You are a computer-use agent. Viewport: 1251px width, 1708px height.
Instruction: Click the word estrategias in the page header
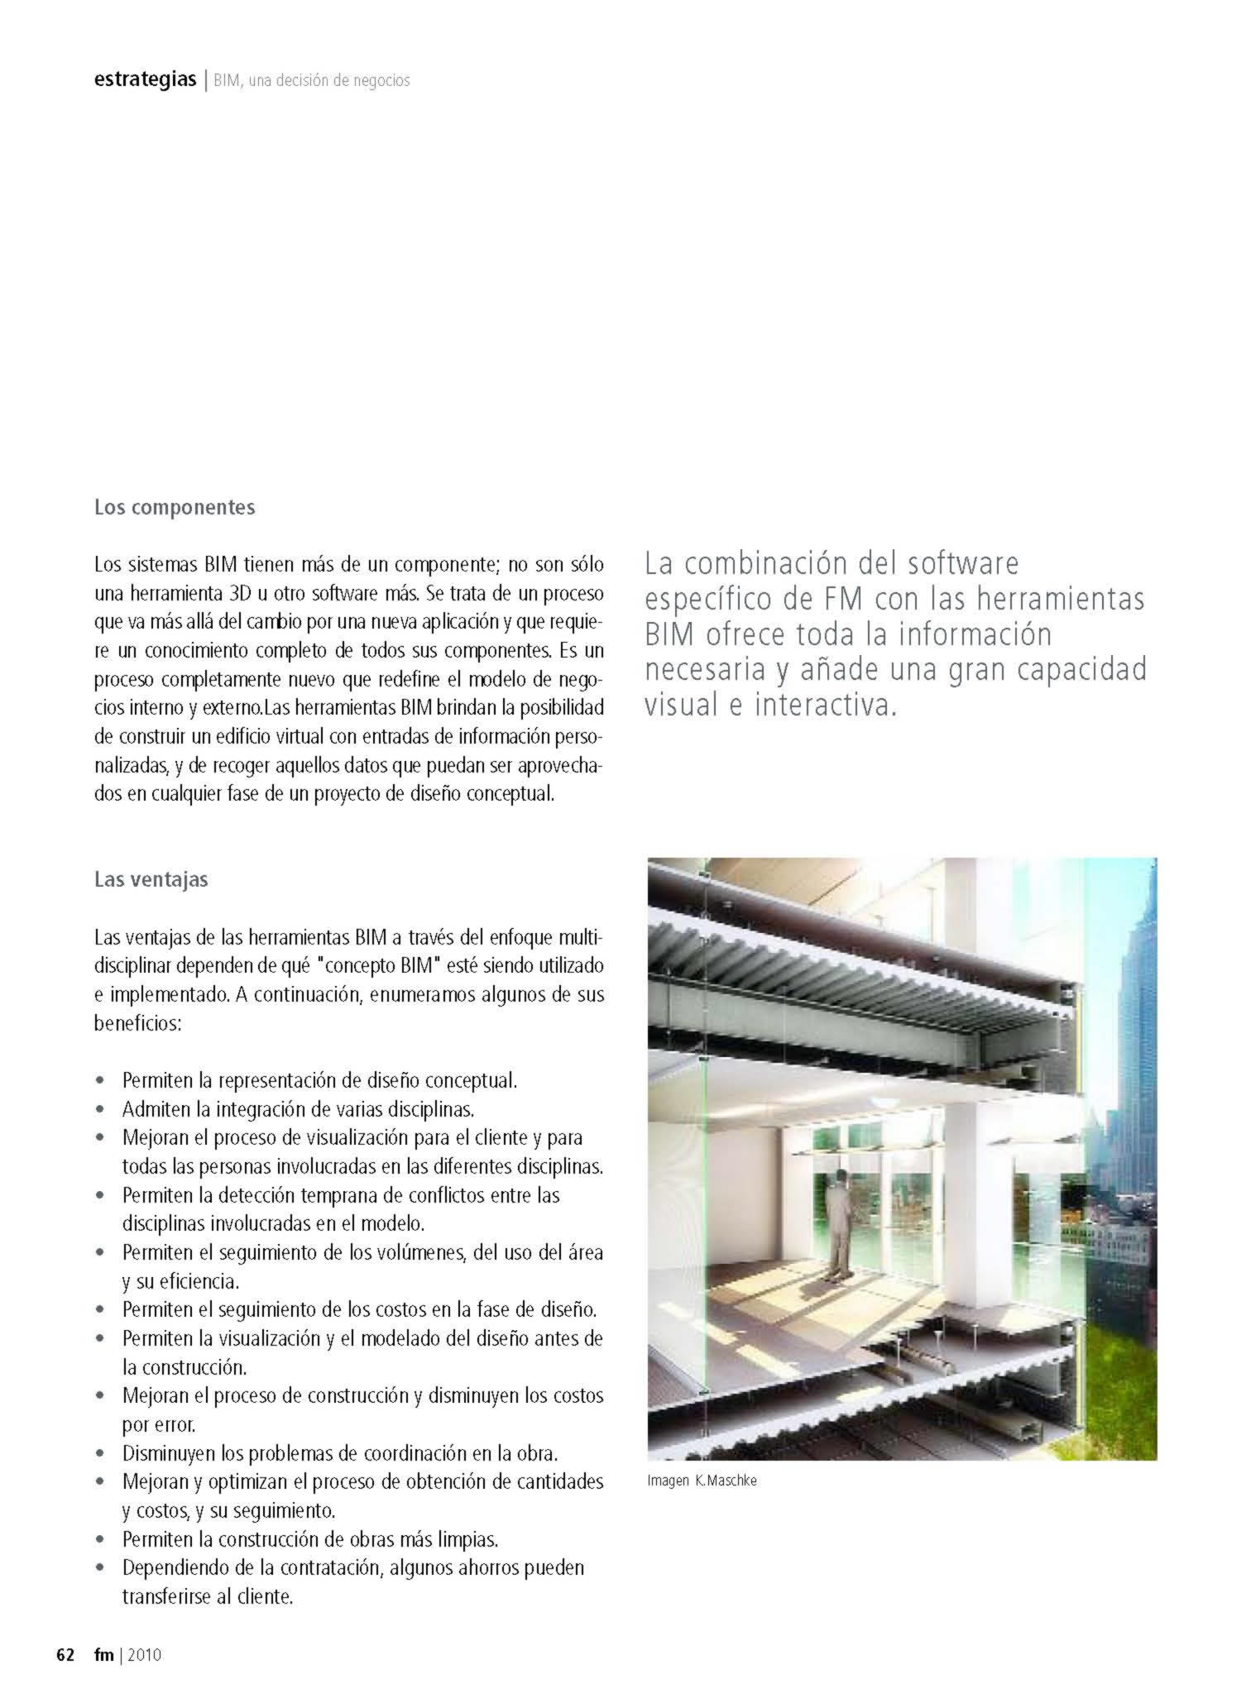[145, 80]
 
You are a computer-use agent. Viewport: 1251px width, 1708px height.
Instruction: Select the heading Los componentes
[175, 507]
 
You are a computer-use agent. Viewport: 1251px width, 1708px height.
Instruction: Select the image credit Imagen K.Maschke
[702, 1481]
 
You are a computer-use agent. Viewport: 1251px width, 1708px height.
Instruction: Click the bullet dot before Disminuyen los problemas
[100, 1453]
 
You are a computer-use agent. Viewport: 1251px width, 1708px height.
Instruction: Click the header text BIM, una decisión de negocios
[311, 81]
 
